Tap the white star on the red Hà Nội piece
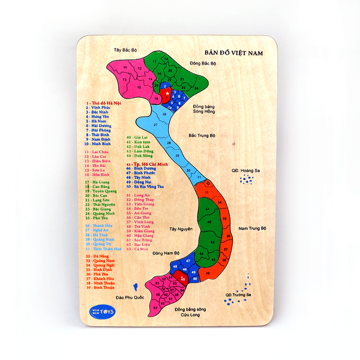click(x=167, y=93)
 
